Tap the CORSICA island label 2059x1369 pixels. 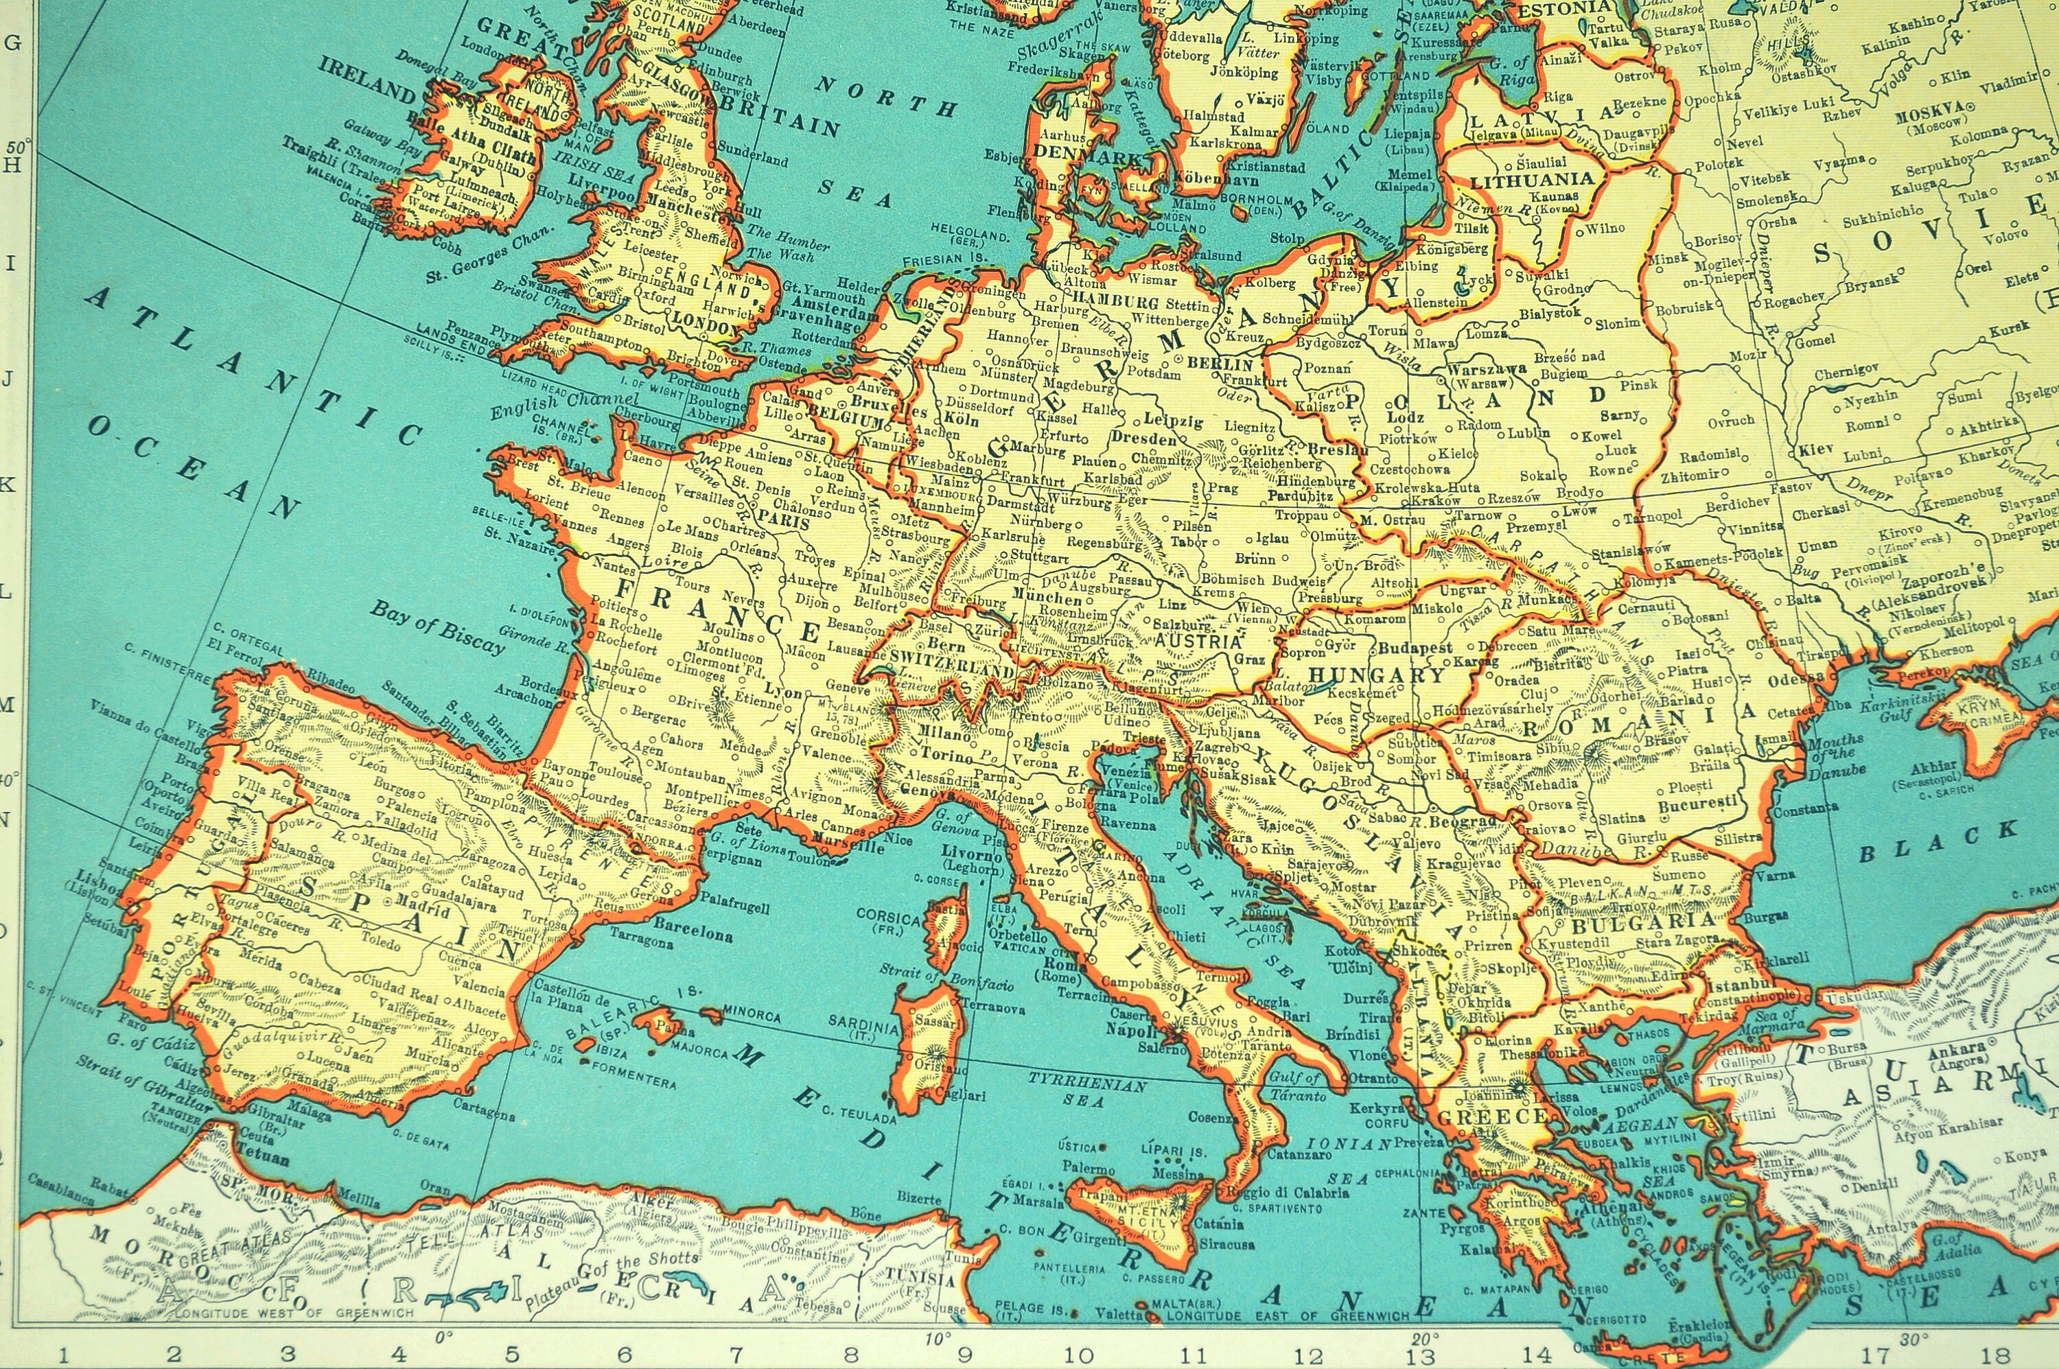(x=887, y=918)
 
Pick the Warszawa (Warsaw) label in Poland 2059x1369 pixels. (x=1486, y=375)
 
